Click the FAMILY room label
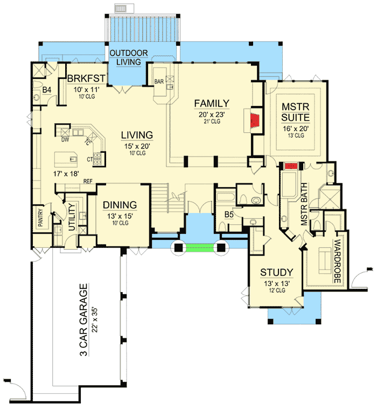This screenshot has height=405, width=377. tap(212, 103)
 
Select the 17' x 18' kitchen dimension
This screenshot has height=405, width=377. tap(68, 174)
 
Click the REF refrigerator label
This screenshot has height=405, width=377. tap(88, 182)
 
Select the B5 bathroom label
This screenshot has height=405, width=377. tap(229, 215)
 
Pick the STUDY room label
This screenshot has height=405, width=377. tap(276, 272)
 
